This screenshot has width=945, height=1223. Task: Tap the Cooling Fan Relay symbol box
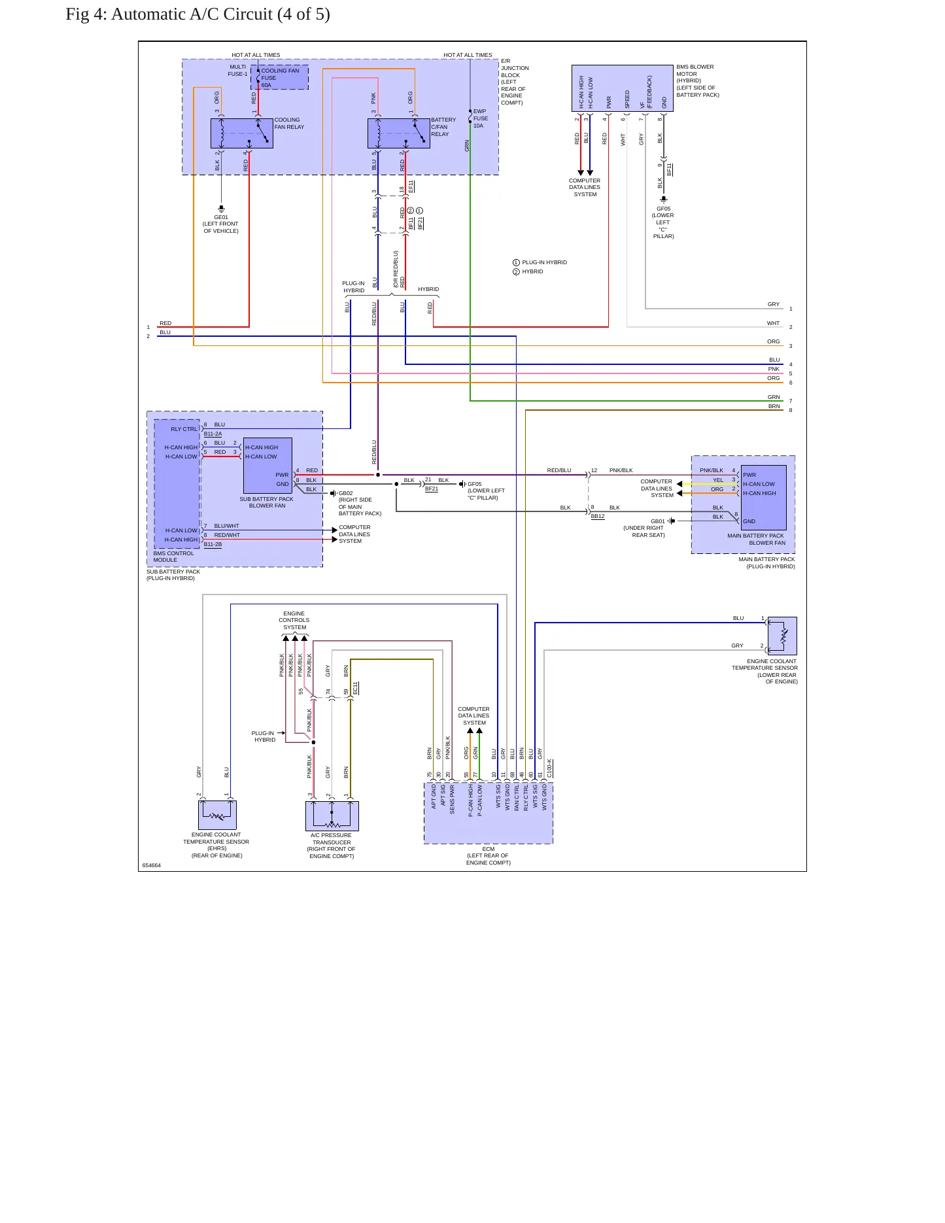pyautogui.click(x=242, y=133)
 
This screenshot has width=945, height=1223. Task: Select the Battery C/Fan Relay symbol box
pyautogui.click(x=399, y=133)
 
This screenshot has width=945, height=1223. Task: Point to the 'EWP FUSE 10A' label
pyautogui.click(x=481, y=118)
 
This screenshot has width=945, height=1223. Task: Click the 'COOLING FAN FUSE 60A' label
pyautogui.click(x=280, y=78)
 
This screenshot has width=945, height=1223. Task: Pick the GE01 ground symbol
pyautogui.click(x=221, y=209)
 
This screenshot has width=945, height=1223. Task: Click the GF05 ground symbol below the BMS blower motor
pyautogui.click(x=664, y=199)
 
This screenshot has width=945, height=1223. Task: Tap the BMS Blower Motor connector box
pyautogui.click(x=623, y=88)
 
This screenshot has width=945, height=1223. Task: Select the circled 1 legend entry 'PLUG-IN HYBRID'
pyautogui.click(x=540, y=262)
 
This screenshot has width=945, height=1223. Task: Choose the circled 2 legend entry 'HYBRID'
pyautogui.click(x=528, y=271)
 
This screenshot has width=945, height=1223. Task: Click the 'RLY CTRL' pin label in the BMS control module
pyautogui.click(x=184, y=429)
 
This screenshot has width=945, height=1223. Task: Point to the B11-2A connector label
pyautogui.click(x=213, y=434)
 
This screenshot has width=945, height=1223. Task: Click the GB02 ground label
pyautogui.click(x=345, y=493)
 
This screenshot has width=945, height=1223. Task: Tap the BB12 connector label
pyautogui.click(x=598, y=516)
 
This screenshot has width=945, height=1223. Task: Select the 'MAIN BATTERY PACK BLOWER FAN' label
pyautogui.click(x=756, y=539)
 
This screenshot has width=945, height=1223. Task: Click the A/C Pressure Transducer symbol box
pyautogui.click(x=332, y=816)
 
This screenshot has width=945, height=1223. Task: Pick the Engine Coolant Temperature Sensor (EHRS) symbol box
pyautogui.click(x=217, y=815)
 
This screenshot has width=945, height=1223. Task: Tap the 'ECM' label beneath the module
pyautogui.click(x=489, y=849)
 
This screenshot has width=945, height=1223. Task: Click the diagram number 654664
pyautogui.click(x=152, y=865)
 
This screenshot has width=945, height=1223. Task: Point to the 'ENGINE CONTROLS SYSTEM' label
pyautogui.click(x=294, y=620)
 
